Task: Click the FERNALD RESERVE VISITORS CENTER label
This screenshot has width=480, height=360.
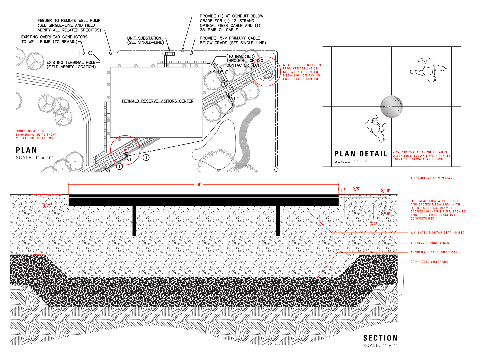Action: pos(158,101)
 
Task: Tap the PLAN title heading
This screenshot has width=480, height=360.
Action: pos(26,150)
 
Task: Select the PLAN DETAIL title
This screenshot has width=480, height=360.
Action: pos(361,154)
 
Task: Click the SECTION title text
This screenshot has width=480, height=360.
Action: pos(380,338)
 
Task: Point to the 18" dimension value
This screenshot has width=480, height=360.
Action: pos(198,184)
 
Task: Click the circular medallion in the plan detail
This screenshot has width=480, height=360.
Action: pos(392,107)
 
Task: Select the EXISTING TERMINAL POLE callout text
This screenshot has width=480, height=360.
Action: pos(71,65)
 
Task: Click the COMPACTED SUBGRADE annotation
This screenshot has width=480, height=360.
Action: pos(429,262)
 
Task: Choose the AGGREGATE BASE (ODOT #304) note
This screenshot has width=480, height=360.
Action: pos(434,252)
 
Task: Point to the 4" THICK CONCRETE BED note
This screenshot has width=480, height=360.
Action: pos(430,243)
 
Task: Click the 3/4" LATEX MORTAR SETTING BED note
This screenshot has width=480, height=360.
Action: pos(437,233)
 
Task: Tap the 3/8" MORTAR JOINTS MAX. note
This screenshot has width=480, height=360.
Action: pos(432,178)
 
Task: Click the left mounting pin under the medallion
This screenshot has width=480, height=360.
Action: pos(134,220)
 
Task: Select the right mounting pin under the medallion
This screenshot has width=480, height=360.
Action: pos(278,220)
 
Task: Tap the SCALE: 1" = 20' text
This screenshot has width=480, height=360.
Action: pos(34,158)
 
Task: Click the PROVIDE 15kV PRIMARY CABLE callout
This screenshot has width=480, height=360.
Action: pos(233,40)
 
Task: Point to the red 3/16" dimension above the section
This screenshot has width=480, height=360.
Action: pos(386,191)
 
